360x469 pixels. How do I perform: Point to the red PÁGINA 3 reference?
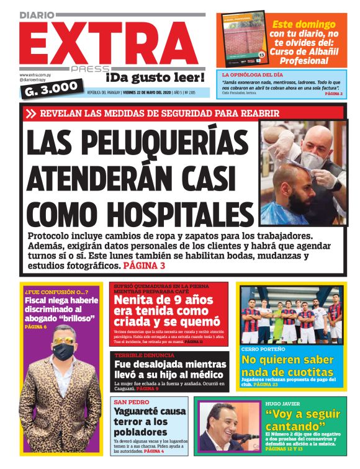coord(144,266)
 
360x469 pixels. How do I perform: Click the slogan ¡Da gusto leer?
coord(155,78)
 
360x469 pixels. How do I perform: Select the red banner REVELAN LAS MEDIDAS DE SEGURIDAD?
coord(161,114)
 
